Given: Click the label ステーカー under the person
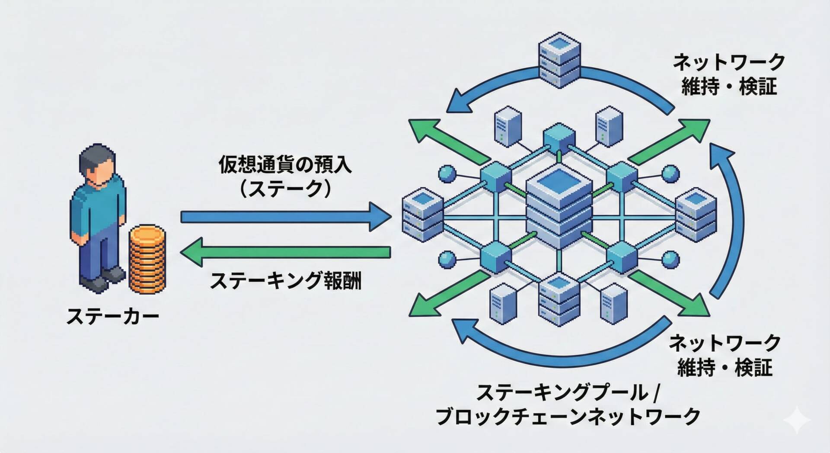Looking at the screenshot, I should click(x=113, y=316).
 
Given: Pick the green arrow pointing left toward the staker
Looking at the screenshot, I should click(x=285, y=252).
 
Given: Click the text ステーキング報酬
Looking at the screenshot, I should click(x=285, y=281).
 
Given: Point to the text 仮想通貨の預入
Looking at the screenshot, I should click(x=285, y=165).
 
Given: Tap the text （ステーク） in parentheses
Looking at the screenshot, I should click(x=285, y=189).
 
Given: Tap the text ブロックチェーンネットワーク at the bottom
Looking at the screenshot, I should click(x=568, y=416).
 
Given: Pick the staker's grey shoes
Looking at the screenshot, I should click(x=104, y=280).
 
